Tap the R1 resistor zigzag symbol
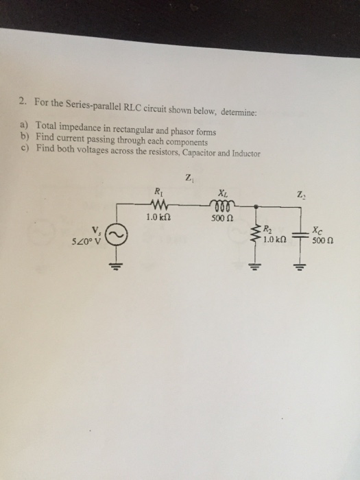pyautogui.click(x=159, y=203)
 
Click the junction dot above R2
pyautogui.click(x=256, y=207)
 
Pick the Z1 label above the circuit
pyautogui.click(x=190, y=178)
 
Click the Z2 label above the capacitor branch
pyautogui.click(x=300, y=194)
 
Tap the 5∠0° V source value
pyautogui.click(x=86, y=242)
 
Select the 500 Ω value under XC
pyautogui.click(x=323, y=241)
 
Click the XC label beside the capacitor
pyautogui.click(x=317, y=230)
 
